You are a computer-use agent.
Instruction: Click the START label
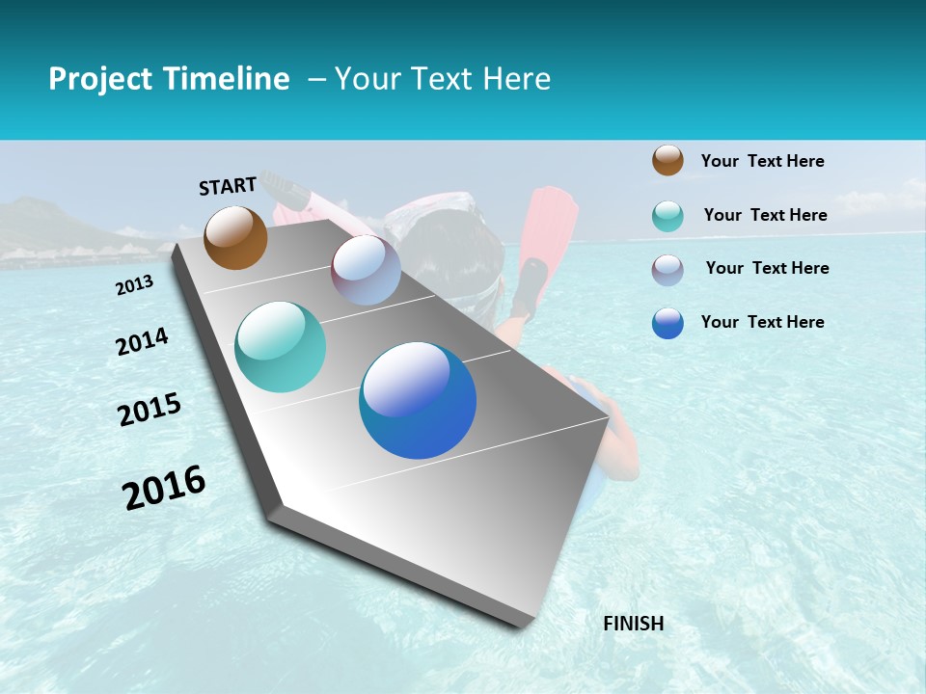228,185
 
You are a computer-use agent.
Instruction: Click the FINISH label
634,624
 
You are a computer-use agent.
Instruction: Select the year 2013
135,284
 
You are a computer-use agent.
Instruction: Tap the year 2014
142,341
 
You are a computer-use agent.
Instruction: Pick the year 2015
150,410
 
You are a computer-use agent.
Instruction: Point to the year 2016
164,487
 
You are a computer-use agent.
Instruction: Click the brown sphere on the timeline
235,237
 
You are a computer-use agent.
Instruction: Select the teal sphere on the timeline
281,347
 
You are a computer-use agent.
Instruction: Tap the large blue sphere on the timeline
418,400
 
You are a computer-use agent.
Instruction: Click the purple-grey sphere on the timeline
366,270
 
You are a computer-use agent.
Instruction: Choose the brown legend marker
667,160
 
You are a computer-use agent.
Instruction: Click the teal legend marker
667,216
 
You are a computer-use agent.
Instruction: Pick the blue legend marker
667,323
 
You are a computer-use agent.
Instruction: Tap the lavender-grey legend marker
667,270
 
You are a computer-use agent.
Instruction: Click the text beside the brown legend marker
762,161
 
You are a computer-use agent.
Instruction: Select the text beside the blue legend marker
762,322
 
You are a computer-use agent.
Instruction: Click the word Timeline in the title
228,79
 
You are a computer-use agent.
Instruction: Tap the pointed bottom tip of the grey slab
526,625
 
